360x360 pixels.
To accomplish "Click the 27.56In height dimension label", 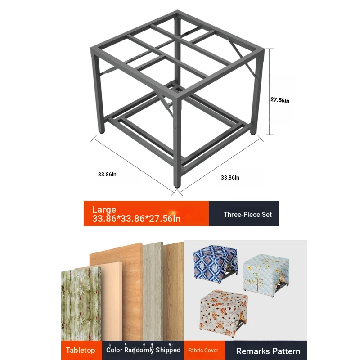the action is [x=279, y=100].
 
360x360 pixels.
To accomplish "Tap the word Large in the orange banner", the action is [x=104, y=210].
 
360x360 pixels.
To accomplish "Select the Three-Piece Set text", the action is [x=247, y=215].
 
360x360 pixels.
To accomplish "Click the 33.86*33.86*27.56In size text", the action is [x=136, y=219].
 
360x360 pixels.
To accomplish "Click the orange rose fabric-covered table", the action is [x=223, y=312].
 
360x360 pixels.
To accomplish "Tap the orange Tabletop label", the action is [x=81, y=350].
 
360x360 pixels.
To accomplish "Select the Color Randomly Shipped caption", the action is [x=143, y=350].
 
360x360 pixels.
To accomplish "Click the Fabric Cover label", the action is [x=203, y=351].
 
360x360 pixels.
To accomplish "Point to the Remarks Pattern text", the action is [x=268, y=351].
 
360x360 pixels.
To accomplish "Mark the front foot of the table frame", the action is [x=177, y=186].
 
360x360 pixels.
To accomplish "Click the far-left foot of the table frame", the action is [x=102, y=131].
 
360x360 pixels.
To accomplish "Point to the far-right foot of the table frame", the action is [x=253, y=133].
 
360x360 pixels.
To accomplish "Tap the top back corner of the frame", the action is [x=177, y=11].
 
